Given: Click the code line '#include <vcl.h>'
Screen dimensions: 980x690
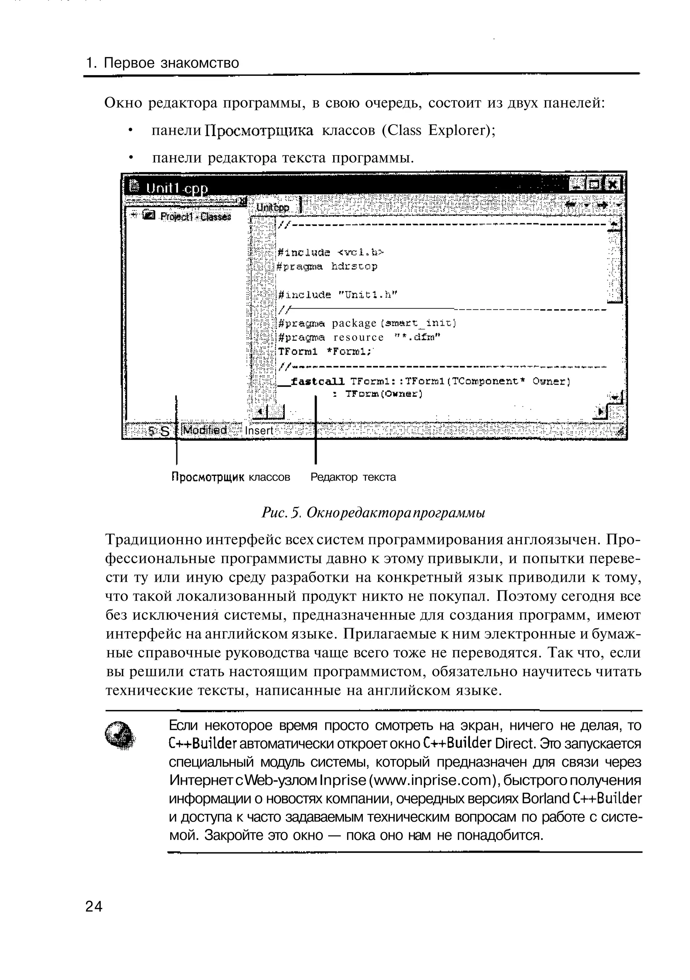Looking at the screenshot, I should click(331, 252).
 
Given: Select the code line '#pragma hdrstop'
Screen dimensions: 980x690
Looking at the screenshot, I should click(327, 267).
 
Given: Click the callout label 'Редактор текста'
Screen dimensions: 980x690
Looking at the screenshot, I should click(353, 477).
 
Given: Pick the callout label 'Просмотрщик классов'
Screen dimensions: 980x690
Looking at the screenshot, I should click(230, 477).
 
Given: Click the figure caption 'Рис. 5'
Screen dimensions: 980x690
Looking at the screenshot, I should click(281, 512).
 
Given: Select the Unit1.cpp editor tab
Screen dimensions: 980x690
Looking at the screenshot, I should click(273, 207).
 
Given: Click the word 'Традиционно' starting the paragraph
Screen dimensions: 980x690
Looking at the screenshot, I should click(154, 540).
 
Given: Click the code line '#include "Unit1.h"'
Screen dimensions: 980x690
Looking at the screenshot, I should click(337, 295).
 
